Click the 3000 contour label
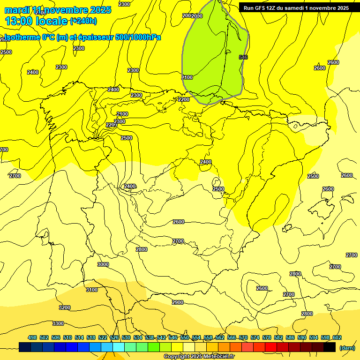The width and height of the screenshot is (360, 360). [103, 265]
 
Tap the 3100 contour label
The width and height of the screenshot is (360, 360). [92, 290]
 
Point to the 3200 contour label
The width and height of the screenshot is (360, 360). [65, 307]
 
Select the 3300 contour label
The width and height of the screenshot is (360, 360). [58, 323]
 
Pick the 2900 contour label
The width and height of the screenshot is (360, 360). [178, 302]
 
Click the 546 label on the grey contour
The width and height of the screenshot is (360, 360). [243, 57]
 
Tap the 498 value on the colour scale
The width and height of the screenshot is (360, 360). [32, 338]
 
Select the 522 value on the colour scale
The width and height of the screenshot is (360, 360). [102, 338]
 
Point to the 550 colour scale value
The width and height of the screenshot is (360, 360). [184, 338]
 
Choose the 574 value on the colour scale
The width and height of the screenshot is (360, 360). [255, 338]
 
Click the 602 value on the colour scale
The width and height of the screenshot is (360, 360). [337, 338]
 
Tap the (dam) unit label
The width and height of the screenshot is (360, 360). [347, 348]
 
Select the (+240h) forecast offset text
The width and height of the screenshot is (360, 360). [83, 21]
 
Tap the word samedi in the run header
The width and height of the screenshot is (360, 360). [299, 8]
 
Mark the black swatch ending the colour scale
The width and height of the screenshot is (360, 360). [330, 347]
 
